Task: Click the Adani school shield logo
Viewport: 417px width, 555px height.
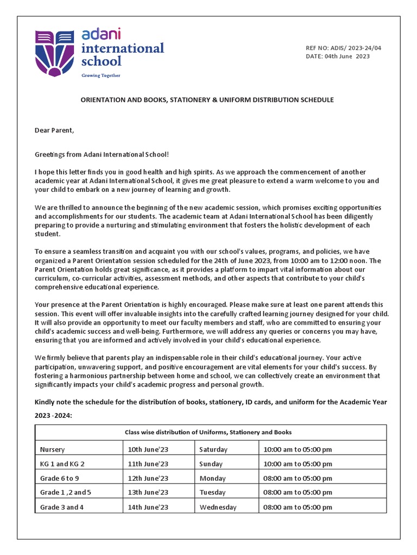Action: (55, 53)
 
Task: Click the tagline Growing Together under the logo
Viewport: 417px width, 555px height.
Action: (101, 75)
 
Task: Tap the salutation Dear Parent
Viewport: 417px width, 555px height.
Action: (54, 130)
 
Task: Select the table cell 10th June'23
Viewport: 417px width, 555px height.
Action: (148, 449)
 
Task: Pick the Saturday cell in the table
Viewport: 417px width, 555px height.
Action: (213, 449)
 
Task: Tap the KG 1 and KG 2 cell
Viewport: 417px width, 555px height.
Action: (62, 464)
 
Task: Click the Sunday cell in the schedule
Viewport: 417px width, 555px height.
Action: (211, 464)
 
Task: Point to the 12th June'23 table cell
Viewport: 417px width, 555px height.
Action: (148, 479)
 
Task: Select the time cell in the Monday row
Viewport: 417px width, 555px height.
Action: (298, 479)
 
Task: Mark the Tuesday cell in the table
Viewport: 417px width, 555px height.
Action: (212, 493)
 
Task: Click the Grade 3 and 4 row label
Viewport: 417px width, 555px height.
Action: (62, 507)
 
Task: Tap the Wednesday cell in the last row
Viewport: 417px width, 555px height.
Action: (218, 507)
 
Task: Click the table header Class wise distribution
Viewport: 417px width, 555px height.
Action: (208, 432)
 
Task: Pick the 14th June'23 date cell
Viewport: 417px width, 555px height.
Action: (148, 507)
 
